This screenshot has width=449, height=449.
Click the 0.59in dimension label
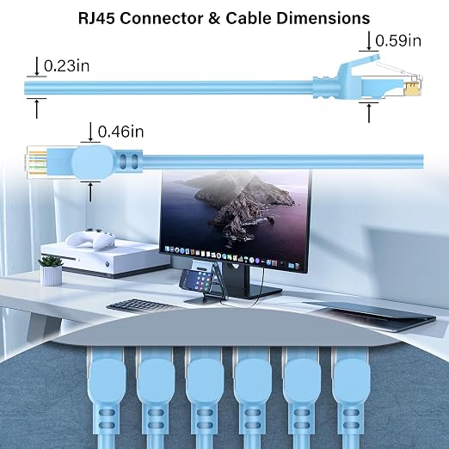(398, 40)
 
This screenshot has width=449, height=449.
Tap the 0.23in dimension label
(66, 66)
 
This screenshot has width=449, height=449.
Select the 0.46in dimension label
(120, 132)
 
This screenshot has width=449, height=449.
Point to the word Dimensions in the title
(323, 19)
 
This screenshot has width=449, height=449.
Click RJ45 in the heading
(97, 19)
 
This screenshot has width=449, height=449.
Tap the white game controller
(90, 239)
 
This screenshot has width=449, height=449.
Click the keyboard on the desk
(141, 306)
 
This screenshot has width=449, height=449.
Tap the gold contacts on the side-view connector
(413, 89)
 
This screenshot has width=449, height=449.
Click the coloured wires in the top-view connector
(36, 162)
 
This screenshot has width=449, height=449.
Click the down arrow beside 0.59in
(369, 41)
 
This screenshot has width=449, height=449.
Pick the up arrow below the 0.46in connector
(90, 192)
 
